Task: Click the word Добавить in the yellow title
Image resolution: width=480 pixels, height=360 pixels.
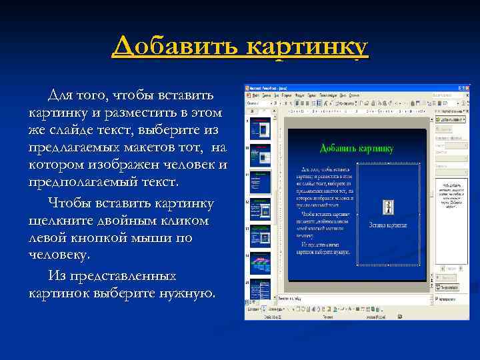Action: click(175, 47)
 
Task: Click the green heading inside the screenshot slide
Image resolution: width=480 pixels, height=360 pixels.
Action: click(356, 148)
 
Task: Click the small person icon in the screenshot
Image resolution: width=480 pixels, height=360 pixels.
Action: click(388, 207)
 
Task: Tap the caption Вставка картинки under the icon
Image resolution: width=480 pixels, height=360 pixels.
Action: click(388, 225)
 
